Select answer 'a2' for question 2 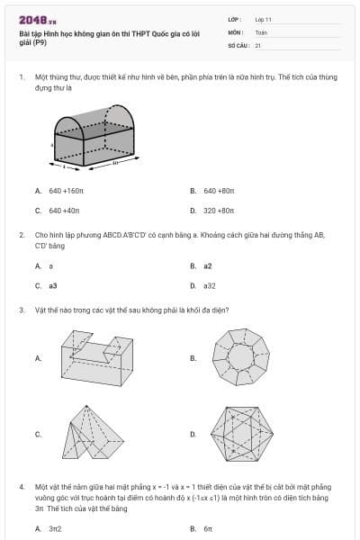click(x=208, y=266)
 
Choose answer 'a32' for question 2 click(x=210, y=285)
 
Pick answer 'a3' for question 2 click(x=53, y=285)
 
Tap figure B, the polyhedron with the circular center click(x=242, y=357)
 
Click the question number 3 click(x=21, y=310)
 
